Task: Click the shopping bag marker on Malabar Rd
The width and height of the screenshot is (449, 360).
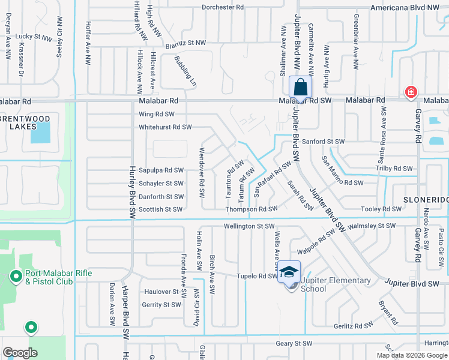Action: pyautogui.click(x=300, y=88)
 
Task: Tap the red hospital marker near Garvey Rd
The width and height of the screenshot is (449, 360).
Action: pyautogui.click(x=411, y=92)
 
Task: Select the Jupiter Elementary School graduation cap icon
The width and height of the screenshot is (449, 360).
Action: pyautogui.click(x=289, y=272)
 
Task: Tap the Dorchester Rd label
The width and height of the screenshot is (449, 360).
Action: pyautogui.click(x=223, y=7)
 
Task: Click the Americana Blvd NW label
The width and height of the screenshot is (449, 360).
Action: pyautogui.click(x=413, y=7)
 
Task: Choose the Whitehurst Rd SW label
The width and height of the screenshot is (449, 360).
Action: pyautogui.click(x=165, y=127)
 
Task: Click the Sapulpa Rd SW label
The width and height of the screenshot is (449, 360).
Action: pyautogui.click(x=161, y=170)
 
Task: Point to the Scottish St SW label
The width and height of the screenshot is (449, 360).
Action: pyautogui.click(x=160, y=209)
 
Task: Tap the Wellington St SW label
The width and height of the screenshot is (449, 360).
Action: pyautogui.click(x=249, y=226)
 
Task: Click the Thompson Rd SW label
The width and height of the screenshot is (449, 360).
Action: pyautogui.click(x=252, y=209)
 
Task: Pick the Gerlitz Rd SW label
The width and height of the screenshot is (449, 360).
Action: pyautogui.click(x=355, y=326)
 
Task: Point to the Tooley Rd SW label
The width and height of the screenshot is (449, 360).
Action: pyautogui.click(x=381, y=209)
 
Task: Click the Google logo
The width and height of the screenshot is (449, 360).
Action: pyautogui.click(x=20, y=353)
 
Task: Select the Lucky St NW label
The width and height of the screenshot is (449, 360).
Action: pyautogui.click(x=34, y=37)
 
